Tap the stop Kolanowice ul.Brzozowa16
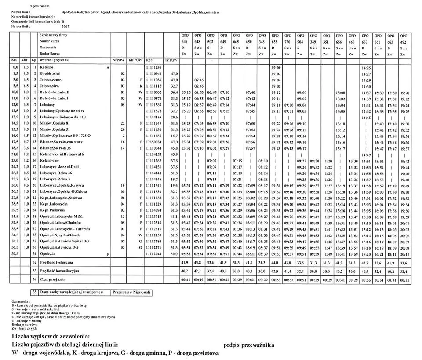(x=62, y=155)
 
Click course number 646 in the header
(x=185, y=41)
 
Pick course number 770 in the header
(x=288, y=41)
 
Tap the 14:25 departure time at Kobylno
(x=366, y=67)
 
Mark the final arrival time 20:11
(x=404, y=254)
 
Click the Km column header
(x=15, y=59)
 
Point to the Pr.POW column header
(x=171, y=59)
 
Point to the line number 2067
(x=65, y=26)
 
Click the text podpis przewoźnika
(x=248, y=345)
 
